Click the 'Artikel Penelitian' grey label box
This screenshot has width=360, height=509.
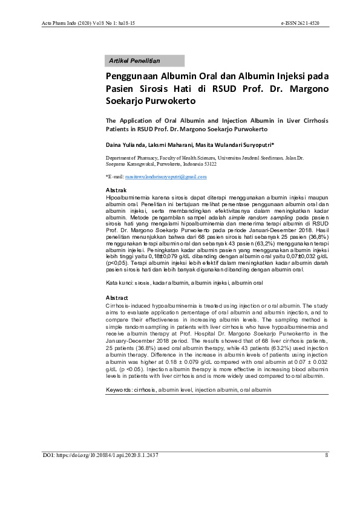click(x=145, y=61)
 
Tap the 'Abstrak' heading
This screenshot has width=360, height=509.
click(x=116, y=190)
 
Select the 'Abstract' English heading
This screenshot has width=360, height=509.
click(x=117, y=298)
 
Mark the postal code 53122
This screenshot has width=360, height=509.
click(x=207, y=163)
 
